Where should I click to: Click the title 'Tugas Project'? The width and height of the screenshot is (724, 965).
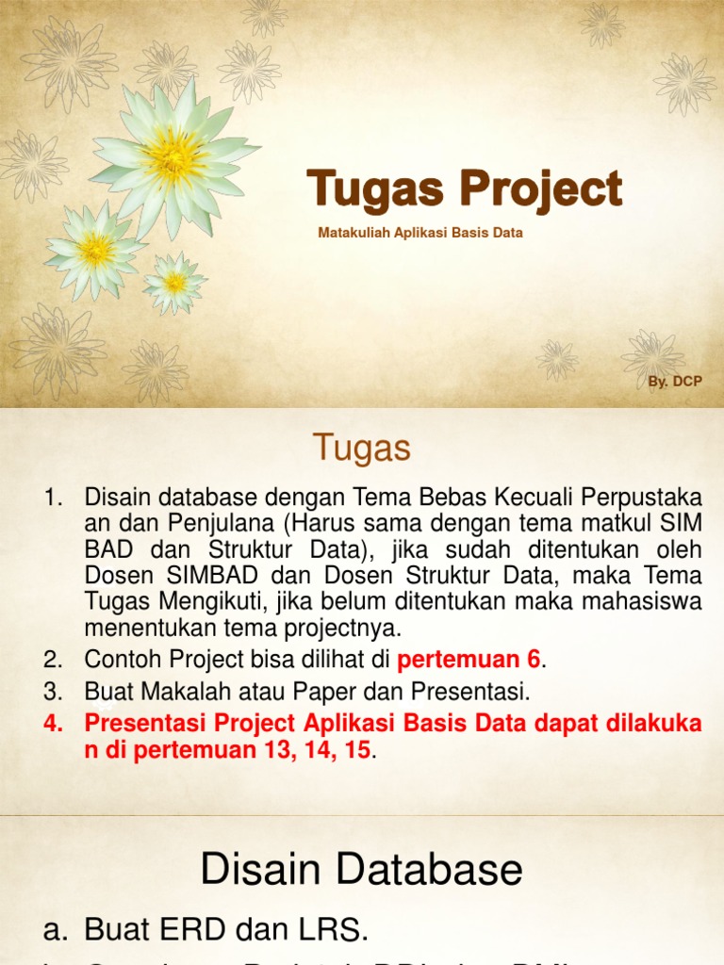click(464, 188)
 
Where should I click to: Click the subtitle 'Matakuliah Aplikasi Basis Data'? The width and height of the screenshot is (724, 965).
click(420, 232)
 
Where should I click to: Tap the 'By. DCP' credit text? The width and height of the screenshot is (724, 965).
click(675, 382)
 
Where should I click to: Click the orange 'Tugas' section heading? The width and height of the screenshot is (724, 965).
click(362, 449)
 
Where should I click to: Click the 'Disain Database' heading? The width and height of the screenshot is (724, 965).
click(361, 869)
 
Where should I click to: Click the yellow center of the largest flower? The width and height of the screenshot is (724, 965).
click(173, 156)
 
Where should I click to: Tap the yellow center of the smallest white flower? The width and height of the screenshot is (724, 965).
click(175, 282)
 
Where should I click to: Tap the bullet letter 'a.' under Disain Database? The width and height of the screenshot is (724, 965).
click(57, 930)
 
